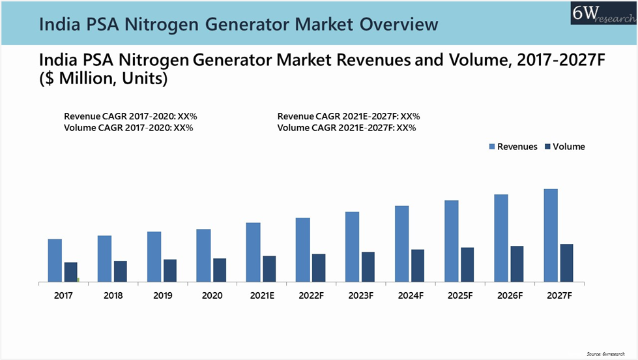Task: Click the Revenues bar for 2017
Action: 55,261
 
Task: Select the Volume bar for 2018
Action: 121,271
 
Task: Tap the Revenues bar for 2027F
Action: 551,235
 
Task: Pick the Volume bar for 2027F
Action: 567,263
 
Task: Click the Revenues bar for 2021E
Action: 253,252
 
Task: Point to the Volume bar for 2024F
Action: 418,265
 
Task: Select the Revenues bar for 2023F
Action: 352,247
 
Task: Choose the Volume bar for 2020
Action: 220,270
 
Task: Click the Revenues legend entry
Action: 513,147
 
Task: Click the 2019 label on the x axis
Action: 162,295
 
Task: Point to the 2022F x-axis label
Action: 312,295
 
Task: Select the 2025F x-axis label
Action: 460,295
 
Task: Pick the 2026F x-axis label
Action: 510,295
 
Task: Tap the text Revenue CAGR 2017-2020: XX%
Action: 130,116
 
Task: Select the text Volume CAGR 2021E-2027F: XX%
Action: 347,128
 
